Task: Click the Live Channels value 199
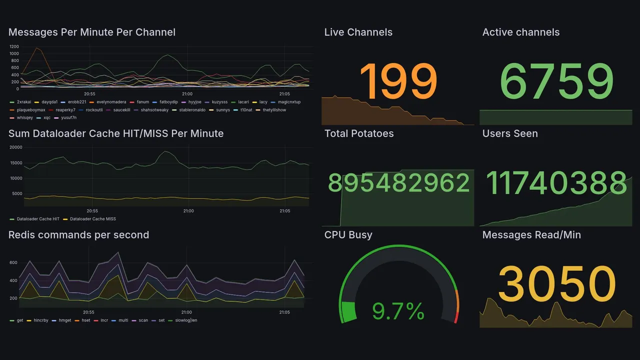click(x=398, y=81)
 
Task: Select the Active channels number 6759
click(x=556, y=81)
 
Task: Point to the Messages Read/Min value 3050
click(x=556, y=284)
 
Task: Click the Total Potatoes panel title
click(x=359, y=133)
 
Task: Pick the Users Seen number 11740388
click(x=556, y=182)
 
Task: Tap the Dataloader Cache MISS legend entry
click(x=93, y=219)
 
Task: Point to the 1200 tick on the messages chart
click(x=14, y=46)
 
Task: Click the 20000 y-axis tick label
click(x=16, y=147)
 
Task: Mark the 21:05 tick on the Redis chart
click(x=284, y=312)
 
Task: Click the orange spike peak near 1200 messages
click(x=36, y=48)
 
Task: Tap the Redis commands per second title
click(x=78, y=234)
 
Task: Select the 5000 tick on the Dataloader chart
click(x=17, y=193)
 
